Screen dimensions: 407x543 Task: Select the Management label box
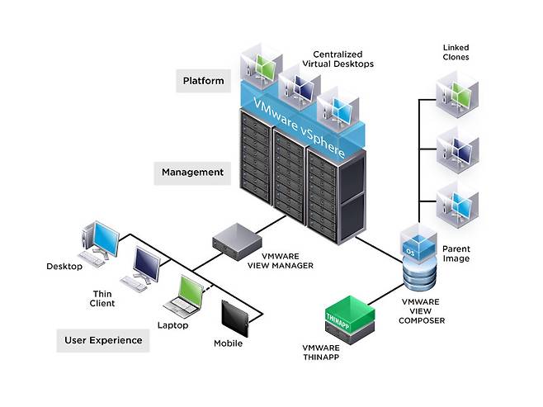click(193, 172)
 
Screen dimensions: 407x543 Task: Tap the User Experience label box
click(103, 339)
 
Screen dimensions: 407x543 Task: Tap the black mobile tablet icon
click(237, 318)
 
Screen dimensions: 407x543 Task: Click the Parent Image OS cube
click(417, 240)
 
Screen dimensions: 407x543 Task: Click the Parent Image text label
click(456, 253)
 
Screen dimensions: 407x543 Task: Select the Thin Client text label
click(106, 297)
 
